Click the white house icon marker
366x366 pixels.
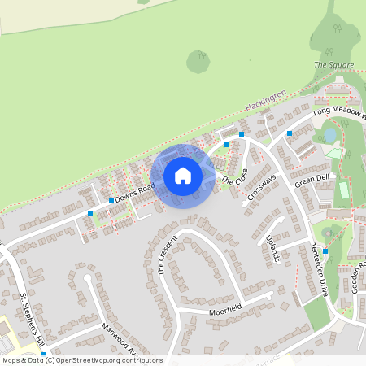(182, 176)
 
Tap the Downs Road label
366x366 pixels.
(134, 191)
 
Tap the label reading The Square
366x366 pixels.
(329, 65)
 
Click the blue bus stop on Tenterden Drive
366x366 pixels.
(325, 251)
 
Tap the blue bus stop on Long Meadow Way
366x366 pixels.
(290, 133)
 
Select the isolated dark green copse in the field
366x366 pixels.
(198, 60)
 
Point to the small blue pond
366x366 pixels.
(329, 133)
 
